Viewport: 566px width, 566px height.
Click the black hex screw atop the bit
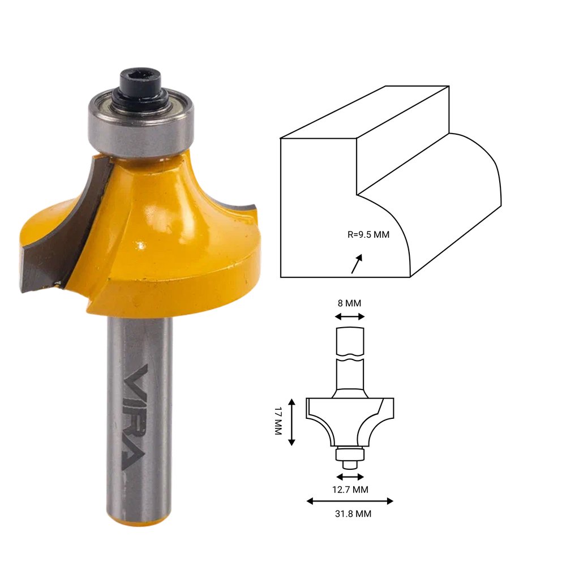point(140,87)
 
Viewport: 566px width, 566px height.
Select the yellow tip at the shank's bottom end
point(138,520)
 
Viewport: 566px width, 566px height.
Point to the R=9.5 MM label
point(368,235)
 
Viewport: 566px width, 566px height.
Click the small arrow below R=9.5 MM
point(357,264)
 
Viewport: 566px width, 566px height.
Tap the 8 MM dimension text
point(349,303)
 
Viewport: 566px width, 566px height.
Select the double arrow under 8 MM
point(350,317)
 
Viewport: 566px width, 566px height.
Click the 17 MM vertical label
point(278,421)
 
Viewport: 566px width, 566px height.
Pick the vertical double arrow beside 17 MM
point(292,422)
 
